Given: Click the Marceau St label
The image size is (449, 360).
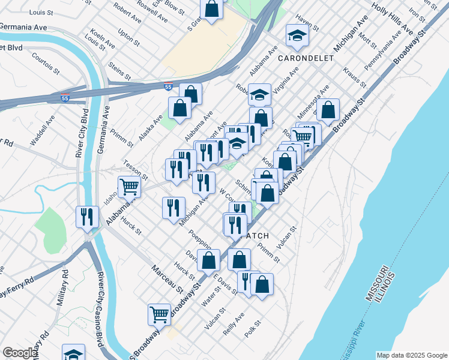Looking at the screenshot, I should (167, 278).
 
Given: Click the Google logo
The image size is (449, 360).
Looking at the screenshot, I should (19, 353).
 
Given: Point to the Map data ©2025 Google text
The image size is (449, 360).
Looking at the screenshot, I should (411, 355).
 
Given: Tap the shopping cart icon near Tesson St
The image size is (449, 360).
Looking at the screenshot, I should (130, 187).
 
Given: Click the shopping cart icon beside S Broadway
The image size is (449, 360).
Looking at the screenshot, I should (159, 314).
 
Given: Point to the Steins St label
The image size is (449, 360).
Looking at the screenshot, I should (119, 70).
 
